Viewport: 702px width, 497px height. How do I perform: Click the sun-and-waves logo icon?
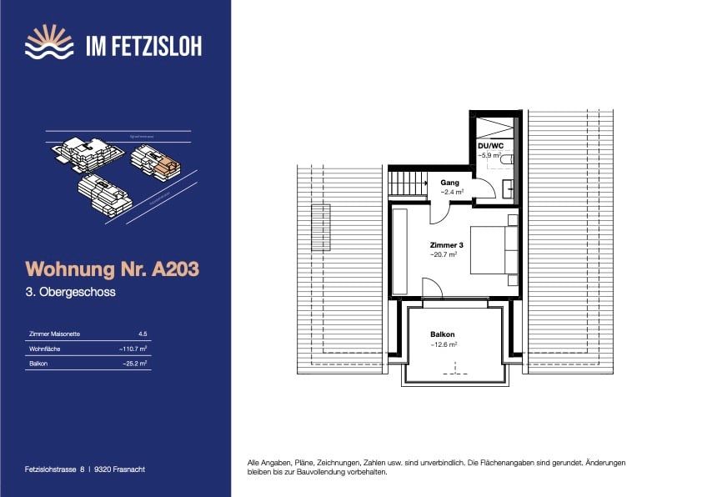[x=49, y=44]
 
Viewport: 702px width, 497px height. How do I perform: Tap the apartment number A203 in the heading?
[x=171, y=269]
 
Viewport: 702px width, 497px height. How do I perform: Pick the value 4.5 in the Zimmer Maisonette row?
[x=143, y=334]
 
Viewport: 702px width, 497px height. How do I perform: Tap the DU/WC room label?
[x=491, y=145]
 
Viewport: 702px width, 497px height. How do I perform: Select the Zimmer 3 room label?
[x=443, y=245]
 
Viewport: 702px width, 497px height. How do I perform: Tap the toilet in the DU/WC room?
[x=504, y=158]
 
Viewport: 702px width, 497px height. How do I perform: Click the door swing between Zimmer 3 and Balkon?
[x=432, y=289]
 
